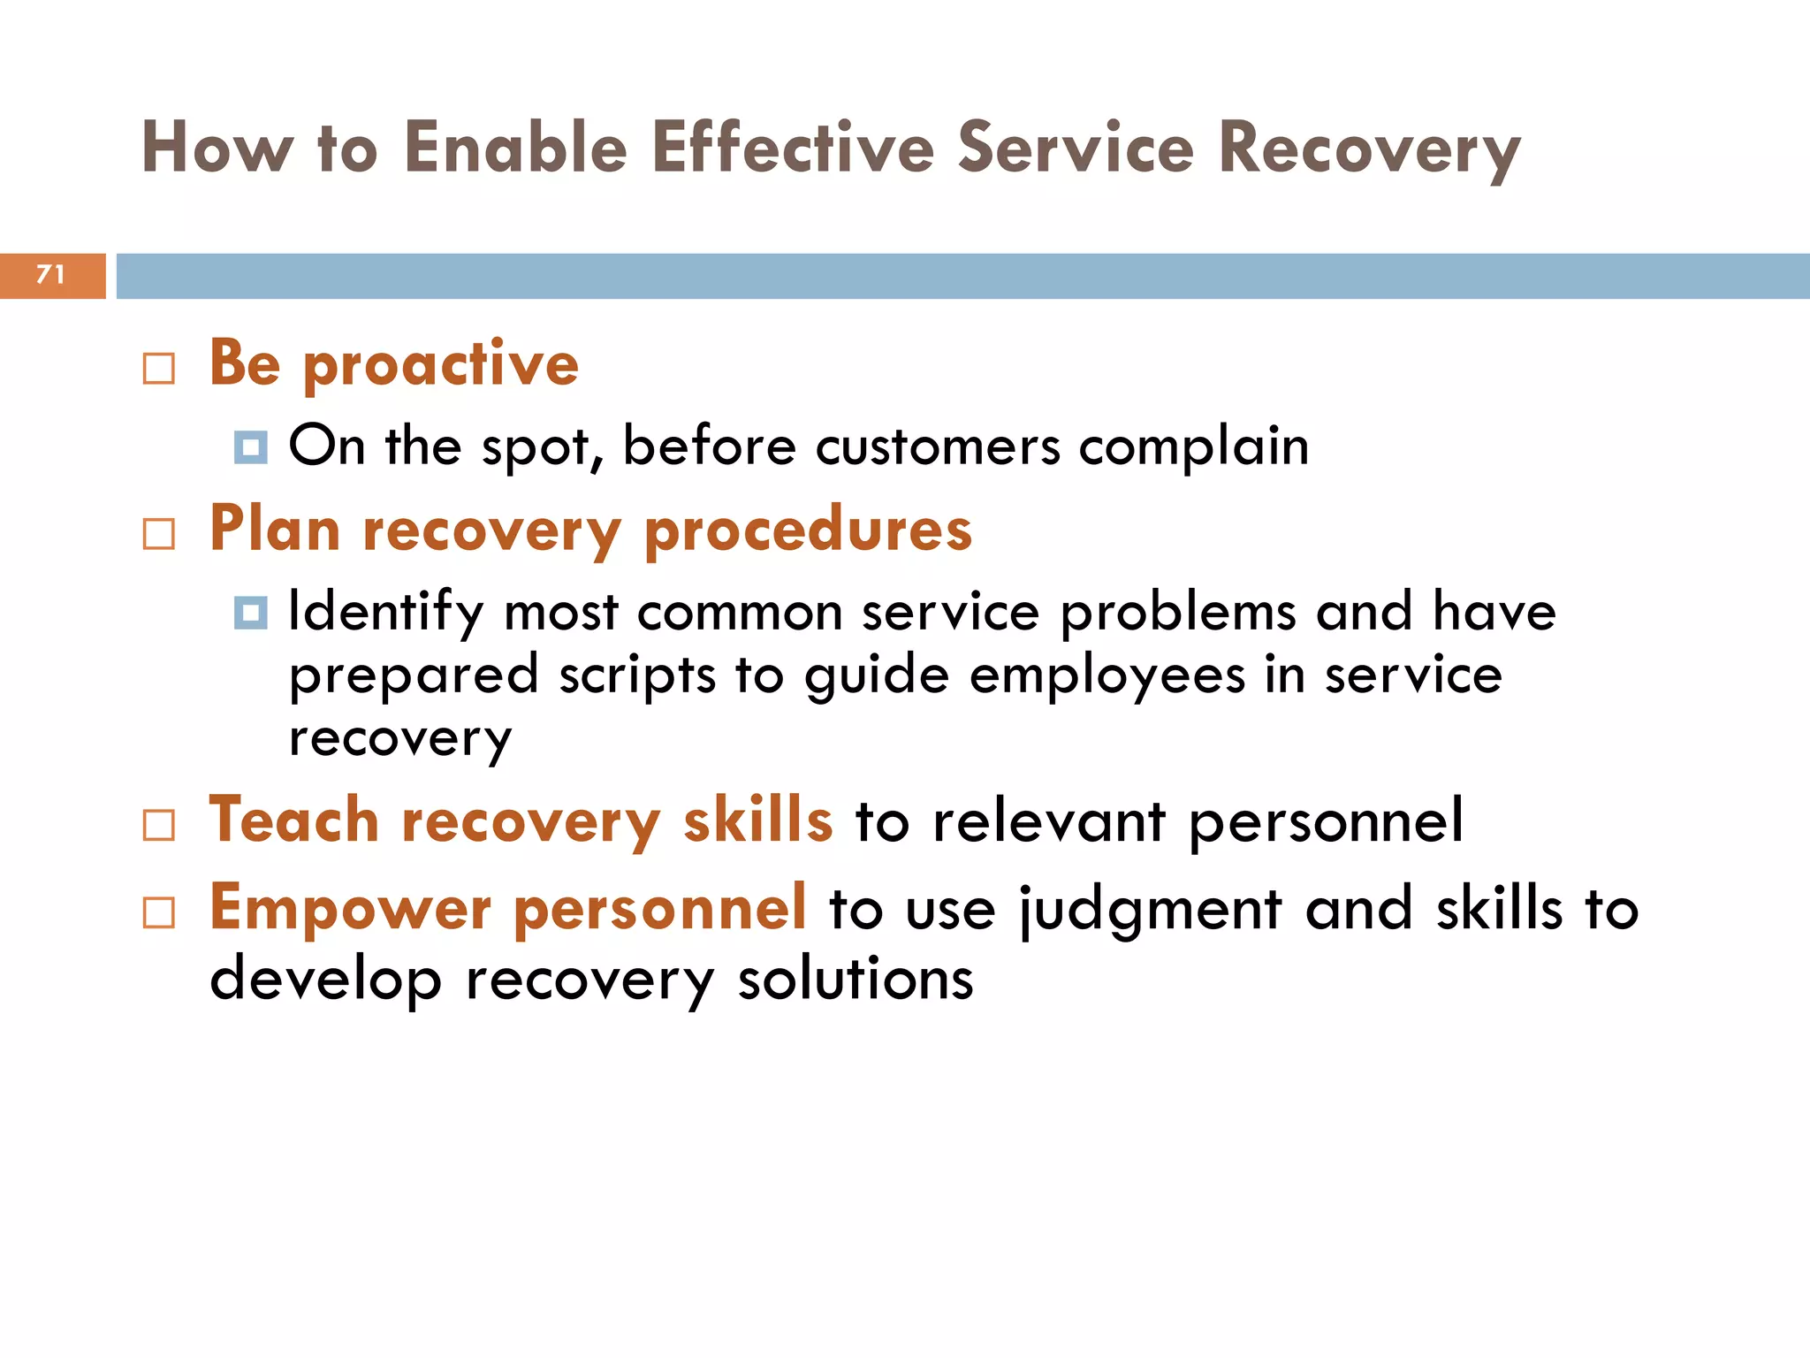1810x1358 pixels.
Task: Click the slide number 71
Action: tap(50, 275)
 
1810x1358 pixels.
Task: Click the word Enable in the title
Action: tap(515, 148)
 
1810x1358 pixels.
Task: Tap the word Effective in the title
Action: tap(793, 148)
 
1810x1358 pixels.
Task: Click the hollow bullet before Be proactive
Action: tap(159, 369)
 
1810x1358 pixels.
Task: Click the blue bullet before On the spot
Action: tap(251, 447)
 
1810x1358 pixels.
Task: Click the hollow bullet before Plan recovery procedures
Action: tap(159, 534)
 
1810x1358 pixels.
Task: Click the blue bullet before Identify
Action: tap(251, 613)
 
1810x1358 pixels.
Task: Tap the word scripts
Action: tap(636, 676)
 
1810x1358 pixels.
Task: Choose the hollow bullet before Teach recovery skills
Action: tap(159, 825)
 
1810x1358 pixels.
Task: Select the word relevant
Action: tap(1049, 822)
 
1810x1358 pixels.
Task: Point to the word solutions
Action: tap(856, 980)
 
